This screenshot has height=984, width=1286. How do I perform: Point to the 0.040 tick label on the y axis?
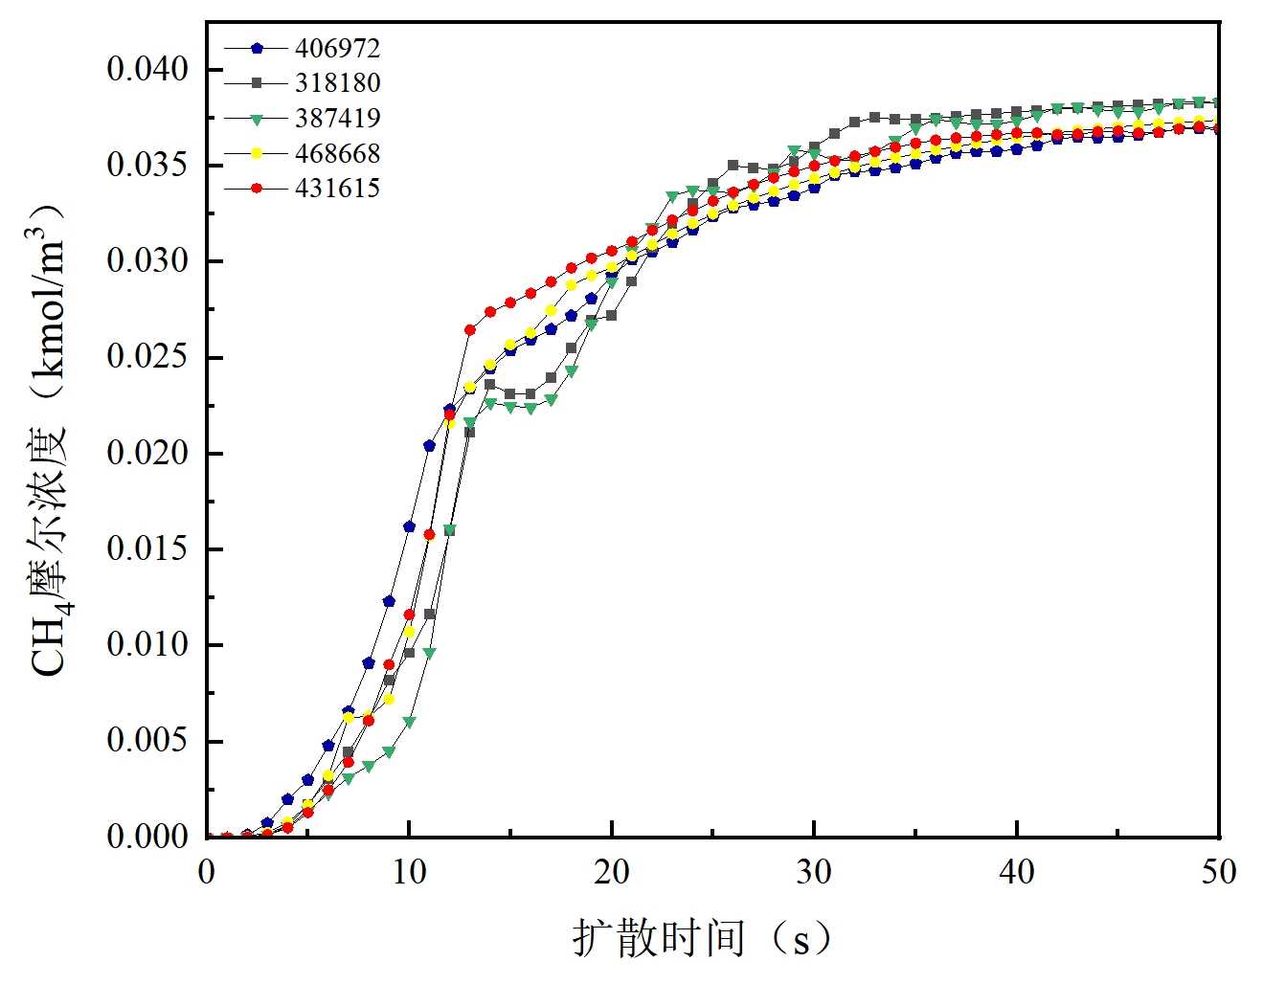147,70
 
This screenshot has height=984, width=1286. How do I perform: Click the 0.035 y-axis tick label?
147,166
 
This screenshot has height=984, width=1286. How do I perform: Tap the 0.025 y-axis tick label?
147,357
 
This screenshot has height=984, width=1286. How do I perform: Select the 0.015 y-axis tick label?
147,549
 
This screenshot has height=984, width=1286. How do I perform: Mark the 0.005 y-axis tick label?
147,741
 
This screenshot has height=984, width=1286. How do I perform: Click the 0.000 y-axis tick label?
147,837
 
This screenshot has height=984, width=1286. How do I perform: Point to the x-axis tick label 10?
409,872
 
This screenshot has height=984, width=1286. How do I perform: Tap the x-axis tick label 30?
814,872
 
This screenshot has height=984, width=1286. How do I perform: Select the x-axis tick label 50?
1218,872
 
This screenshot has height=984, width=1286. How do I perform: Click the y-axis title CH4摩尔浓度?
50,440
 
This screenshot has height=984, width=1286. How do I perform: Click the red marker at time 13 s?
470,330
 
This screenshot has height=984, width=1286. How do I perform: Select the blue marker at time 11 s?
429,446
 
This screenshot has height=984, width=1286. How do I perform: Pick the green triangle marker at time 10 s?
409,723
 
